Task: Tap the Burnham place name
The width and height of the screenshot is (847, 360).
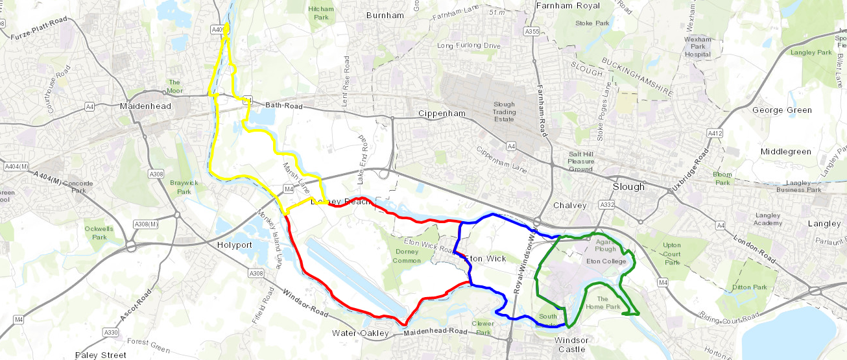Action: (385, 15)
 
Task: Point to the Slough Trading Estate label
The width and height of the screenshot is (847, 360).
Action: (504, 112)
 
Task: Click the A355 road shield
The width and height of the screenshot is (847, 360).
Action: (532, 31)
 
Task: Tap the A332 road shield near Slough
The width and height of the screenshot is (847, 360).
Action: (607, 204)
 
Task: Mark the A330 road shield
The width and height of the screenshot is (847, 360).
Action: (110, 332)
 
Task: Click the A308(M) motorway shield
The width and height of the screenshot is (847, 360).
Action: (145, 224)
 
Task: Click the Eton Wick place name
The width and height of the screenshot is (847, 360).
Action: (485, 258)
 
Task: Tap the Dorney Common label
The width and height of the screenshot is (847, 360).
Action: (407, 256)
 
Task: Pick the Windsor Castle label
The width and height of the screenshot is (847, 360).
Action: (571, 345)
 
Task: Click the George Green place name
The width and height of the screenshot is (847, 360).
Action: (781, 110)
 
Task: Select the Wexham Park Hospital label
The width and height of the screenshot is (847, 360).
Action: (698, 47)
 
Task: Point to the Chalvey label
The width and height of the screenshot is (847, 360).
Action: (569, 206)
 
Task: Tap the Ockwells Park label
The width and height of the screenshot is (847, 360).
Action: (95, 233)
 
